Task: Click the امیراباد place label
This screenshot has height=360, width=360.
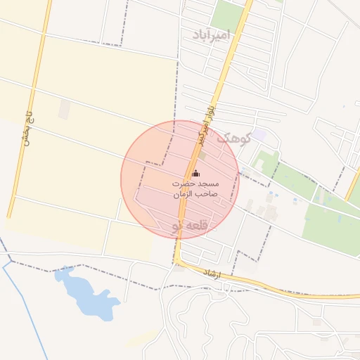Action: click(x=210, y=34)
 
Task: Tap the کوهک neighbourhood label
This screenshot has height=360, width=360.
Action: click(x=234, y=138)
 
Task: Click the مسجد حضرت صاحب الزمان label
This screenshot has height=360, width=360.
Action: click(x=195, y=188)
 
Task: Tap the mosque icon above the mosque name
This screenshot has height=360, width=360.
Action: click(x=195, y=174)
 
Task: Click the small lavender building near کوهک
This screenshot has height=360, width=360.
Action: click(x=259, y=134)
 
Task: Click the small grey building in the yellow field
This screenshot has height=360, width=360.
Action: click(x=65, y=108)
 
